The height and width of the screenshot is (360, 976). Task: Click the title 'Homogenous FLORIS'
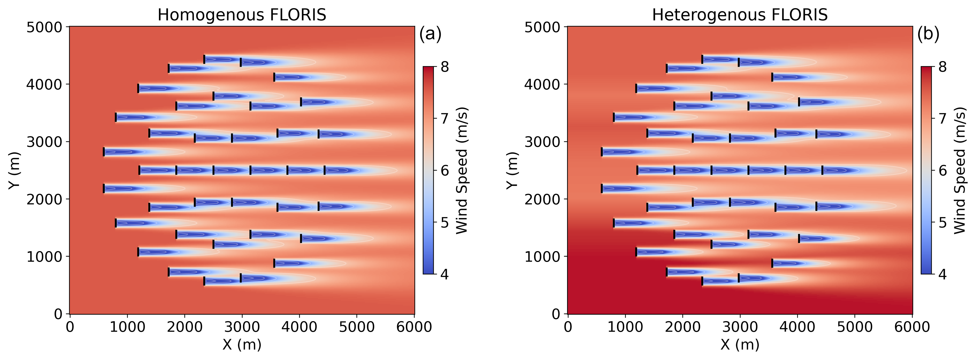coord(242,15)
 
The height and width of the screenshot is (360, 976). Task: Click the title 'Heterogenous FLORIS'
coord(739,15)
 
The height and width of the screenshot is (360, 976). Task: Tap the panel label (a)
coord(430,34)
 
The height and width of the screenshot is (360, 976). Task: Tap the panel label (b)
coord(928,34)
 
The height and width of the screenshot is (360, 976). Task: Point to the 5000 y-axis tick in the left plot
coord(45,27)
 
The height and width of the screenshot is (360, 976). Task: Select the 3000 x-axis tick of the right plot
coord(739,327)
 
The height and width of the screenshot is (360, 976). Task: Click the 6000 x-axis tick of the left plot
coord(414,327)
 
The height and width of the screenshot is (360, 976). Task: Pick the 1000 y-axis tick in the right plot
coord(543,257)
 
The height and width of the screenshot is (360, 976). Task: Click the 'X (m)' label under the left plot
coord(242,345)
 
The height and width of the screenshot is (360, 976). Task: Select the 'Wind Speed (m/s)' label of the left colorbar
coord(461,170)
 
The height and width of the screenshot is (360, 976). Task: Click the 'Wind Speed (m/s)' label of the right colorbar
coord(959,170)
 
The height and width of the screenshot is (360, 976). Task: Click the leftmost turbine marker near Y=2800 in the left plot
coord(104,152)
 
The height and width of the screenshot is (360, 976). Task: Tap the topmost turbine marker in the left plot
coord(204,59)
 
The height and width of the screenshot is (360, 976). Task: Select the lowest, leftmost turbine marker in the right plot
coord(702,281)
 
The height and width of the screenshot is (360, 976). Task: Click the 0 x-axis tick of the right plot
coord(567,327)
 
